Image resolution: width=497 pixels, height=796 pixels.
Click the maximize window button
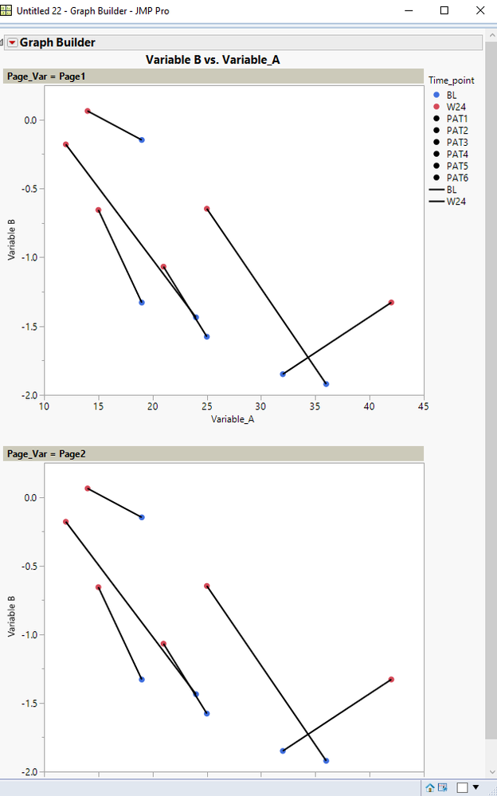pyautogui.click(x=444, y=10)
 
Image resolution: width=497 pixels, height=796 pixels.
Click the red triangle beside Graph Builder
pyautogui.click(x=12, y=42)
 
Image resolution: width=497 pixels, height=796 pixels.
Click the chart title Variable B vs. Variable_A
pyautogui.click(x=213, y=59)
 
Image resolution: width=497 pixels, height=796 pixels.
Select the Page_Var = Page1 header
pyautogui.click(x=46, y=76)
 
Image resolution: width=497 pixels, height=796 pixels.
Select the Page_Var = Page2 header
pyautogui.click(x=46, y=453)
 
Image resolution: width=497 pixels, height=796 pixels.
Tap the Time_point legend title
pyautogui.click(x=452, y=80)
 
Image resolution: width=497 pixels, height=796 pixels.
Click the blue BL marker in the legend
pyautogui.click(x=436, y=95)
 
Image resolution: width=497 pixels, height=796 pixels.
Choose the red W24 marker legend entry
pyautogui.click(x=436, y=107)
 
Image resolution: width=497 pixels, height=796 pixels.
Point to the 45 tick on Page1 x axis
pyautogui.click(x=423, y=406)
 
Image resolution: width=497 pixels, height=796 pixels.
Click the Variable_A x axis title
pyautogui.click(x=233, y=418)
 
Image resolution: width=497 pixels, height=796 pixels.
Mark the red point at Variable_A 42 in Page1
pyautogui.click(x=391, y=303)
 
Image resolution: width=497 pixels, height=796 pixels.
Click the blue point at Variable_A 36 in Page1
pyautogui.click(x=326, y=384)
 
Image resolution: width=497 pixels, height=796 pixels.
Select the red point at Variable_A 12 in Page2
pyautogui.click(x=66, y=522)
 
